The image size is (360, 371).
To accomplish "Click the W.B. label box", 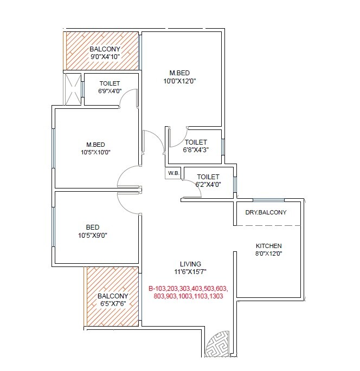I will tap(173, 173).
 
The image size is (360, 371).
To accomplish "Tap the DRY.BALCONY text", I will tap(266, 212).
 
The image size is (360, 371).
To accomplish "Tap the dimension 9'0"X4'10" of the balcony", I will tap(105, 56).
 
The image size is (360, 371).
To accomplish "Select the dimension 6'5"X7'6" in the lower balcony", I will tap(112, 304).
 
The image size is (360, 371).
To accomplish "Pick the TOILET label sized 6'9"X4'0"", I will tap(110, 83).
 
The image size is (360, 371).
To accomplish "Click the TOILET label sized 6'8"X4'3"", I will tap(196, 142).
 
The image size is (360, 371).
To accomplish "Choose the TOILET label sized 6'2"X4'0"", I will tap(208, 177).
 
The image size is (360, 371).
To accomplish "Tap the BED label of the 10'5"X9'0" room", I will tap(93, 227).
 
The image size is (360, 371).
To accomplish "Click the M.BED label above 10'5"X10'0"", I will tap(95, 145).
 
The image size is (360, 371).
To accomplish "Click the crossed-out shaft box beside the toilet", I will tap(72, 88).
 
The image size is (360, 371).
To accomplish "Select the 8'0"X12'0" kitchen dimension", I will tap(269, 253).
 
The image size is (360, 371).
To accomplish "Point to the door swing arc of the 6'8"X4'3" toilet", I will tap(178, 138).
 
